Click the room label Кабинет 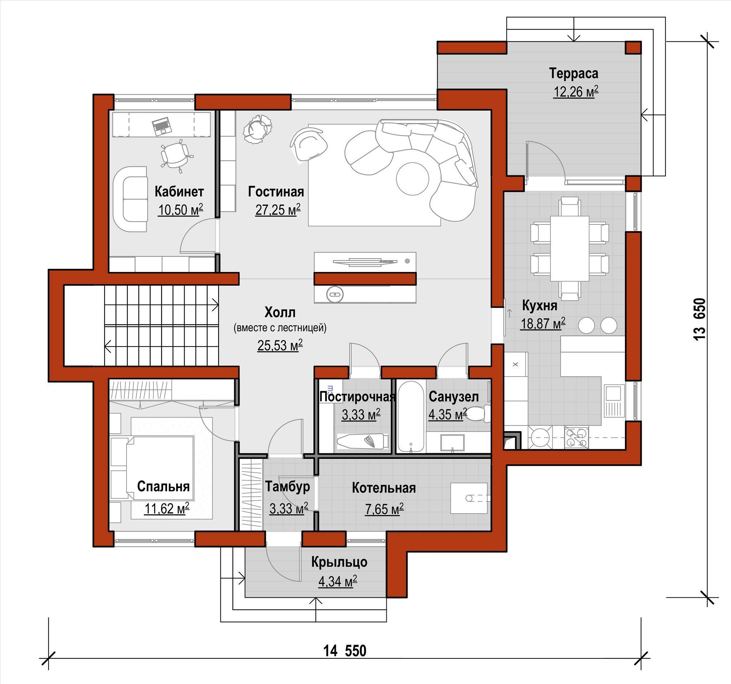coord(179,192)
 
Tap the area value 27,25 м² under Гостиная coord(278,209)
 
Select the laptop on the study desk coord(162,126)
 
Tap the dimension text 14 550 coord(345,650)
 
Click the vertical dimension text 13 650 coord(699,319)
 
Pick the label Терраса coord(573,73)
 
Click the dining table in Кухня coord(569,249)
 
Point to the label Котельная coord(383,488)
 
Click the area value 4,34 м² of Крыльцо coord(337,581)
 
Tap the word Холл coord(280,312)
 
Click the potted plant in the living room coord(257,128)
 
